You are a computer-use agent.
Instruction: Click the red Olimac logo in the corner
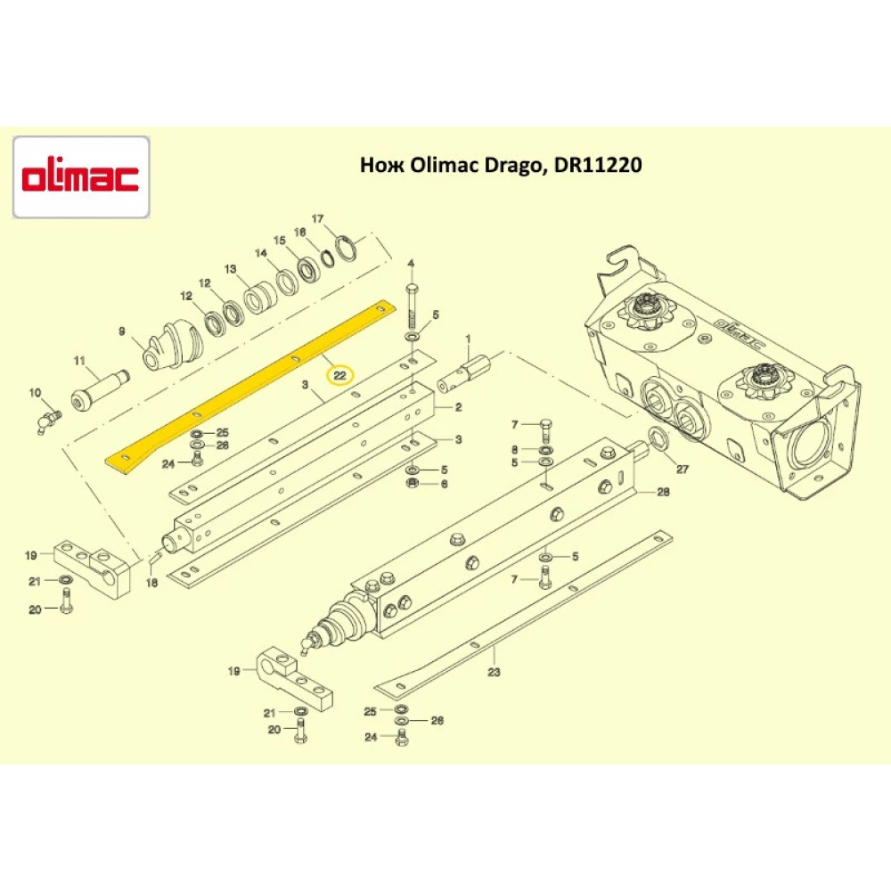coord(80,177)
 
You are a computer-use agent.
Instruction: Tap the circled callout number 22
coord(339,376)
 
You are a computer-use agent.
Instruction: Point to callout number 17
coord(316,219)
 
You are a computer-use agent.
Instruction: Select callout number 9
coord(122,332)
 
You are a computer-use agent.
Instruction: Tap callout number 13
coord(229,268)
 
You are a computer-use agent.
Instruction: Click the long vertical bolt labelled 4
coord(412,307)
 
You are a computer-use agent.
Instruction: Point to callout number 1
coord(467,338)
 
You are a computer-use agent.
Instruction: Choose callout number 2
coord(459,407)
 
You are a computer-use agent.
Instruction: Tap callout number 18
coord(151,583)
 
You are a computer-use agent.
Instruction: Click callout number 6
coord(444,483)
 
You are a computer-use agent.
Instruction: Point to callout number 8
coord(514,449)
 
